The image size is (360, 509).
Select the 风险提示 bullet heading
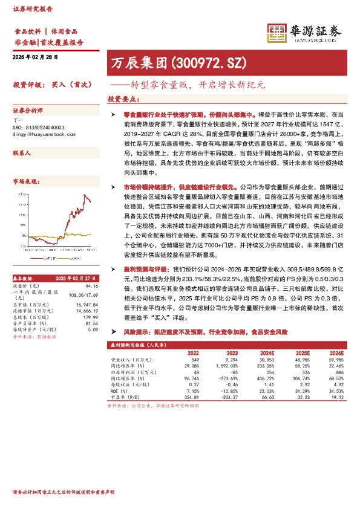click(x=137, y=332)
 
